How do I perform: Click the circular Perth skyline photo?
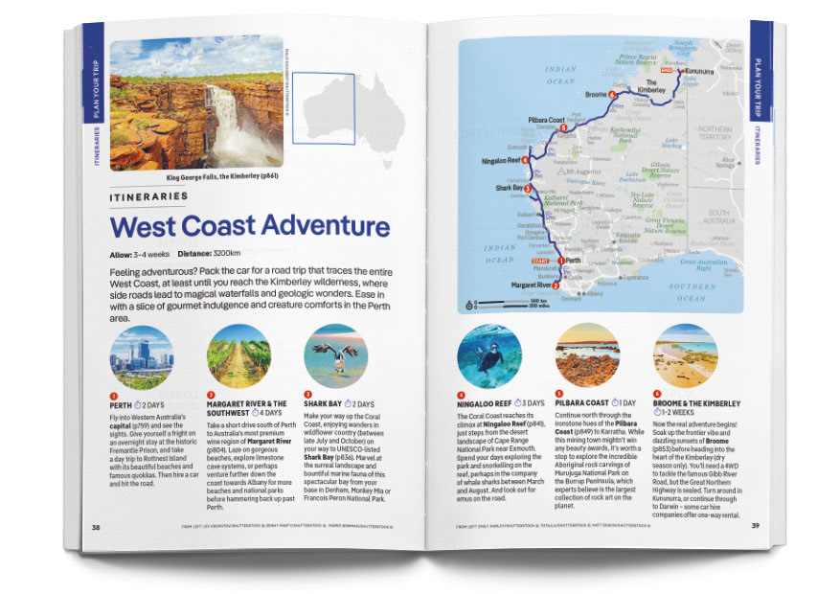coord(142,357)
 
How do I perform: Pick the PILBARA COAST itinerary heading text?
coord(584,403)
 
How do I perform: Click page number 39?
coord(755,525)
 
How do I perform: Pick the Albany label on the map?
coord(595,294)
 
